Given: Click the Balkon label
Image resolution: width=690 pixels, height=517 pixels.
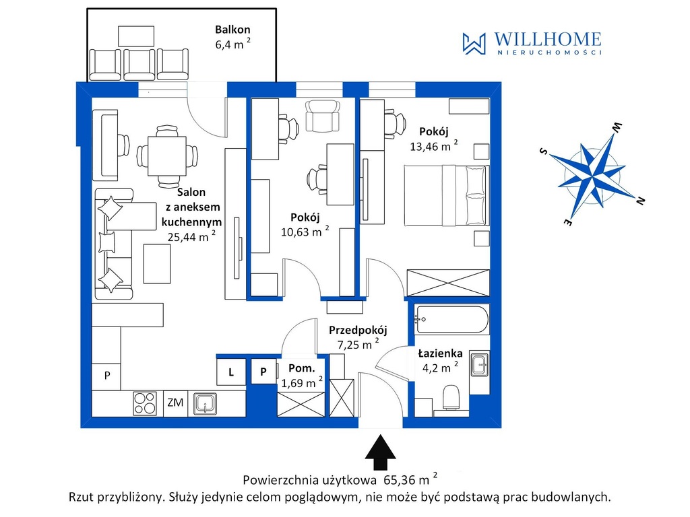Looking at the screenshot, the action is tap(232, 30).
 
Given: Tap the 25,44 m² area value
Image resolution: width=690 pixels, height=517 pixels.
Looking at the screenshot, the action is tap(191, 236).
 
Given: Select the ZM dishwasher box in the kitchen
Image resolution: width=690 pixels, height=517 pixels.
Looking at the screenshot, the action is tap(175, 403).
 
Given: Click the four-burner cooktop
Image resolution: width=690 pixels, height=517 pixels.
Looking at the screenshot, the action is tap(145, 403).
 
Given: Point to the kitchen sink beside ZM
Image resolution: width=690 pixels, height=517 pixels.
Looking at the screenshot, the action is tap(205, 404).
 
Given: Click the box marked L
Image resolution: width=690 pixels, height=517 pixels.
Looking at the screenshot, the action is tap(231, 372).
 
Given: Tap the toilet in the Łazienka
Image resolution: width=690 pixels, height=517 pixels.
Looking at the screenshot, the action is tap(451, 397).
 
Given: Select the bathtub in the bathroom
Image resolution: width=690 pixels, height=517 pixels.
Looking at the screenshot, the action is tap(451, 320).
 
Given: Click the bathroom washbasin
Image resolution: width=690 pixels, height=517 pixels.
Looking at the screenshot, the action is tap(479, 364).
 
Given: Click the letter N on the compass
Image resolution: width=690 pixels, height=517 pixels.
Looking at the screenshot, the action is tap(640, 201).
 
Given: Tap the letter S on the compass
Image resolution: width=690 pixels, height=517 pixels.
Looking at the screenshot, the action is tap(544, 151).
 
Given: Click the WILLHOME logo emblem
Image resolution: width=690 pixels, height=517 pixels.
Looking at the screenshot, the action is tap(474, 44).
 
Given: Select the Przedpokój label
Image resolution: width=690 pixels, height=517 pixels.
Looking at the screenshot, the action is tap(358, 330).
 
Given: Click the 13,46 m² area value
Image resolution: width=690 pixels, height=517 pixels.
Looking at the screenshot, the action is tap(434, 146).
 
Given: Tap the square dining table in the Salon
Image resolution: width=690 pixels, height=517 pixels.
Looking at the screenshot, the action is tap(167, 156).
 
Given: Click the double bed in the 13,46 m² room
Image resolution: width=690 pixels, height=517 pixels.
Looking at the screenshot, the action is tap(447, 196).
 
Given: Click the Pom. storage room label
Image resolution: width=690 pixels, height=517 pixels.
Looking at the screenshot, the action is tap(302, 368).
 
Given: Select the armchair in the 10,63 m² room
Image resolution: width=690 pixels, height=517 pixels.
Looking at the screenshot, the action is tap(323, 116).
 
